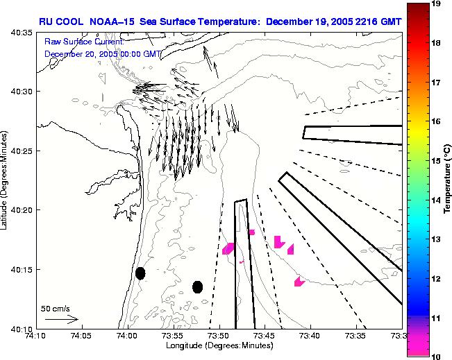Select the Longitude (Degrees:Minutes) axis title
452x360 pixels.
click(218, 345)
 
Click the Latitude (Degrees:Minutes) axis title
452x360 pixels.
click(6, 180)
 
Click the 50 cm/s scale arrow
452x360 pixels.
click(61, 319)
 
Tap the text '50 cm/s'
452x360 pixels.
click(55, 308)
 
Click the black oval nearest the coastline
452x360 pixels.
click(140, 273)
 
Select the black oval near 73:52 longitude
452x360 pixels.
click(198, 286)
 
